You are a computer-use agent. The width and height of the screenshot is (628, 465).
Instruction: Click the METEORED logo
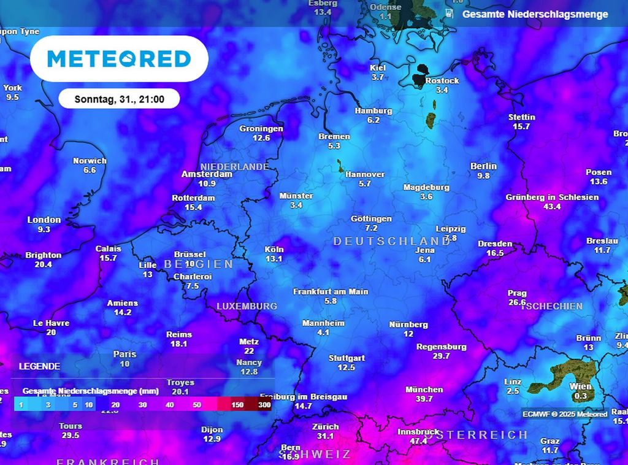pos(119,59)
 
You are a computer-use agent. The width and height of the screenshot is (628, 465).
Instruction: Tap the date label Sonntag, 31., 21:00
pos(119,99)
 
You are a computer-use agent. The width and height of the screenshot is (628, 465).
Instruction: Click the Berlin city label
pos(483,166)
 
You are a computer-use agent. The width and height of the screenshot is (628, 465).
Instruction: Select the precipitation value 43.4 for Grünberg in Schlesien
pos(552,207)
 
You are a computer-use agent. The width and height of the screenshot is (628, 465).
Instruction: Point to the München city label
pos(424,390)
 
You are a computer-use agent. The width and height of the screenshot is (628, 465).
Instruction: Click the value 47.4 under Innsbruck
pos(419,441)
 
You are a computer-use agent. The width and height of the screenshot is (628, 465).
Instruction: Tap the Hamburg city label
pos(373,111)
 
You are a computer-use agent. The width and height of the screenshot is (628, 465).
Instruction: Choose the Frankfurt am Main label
pos(331,291)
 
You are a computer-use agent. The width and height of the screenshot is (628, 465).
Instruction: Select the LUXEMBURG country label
pos(247,306)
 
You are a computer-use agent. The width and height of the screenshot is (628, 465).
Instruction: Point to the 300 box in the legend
pos(264,405)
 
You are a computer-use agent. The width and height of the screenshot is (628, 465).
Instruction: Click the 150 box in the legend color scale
pos(238,405)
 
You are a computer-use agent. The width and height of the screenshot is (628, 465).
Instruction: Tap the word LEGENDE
pos(39,366)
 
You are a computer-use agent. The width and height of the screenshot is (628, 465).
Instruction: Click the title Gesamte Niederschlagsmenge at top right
pos(535,14)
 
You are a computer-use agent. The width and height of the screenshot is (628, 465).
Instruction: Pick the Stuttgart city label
pos(347,358)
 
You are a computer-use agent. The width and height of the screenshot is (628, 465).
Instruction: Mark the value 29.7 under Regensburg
pos(441,356)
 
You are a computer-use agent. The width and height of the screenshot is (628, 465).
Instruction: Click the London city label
pos(44,220)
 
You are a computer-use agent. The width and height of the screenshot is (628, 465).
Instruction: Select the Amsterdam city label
pos(207,174)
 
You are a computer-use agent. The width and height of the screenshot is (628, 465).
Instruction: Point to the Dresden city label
pos(495,244)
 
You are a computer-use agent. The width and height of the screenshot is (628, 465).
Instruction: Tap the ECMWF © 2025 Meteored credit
pos(565,414)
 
